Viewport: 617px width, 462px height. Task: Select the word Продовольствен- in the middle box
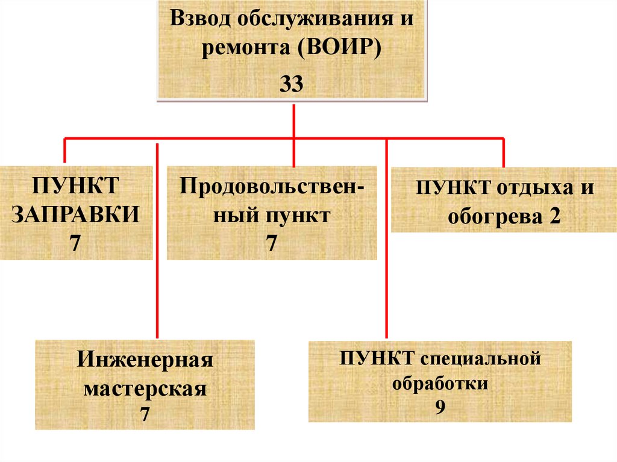tap(271, 186)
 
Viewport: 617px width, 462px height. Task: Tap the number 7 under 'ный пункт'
tap(271, 243)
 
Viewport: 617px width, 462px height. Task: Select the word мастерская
tap(145, 388)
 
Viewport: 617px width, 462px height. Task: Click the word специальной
tap(476, 360)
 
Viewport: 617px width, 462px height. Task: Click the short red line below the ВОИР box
tap(293, 120)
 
